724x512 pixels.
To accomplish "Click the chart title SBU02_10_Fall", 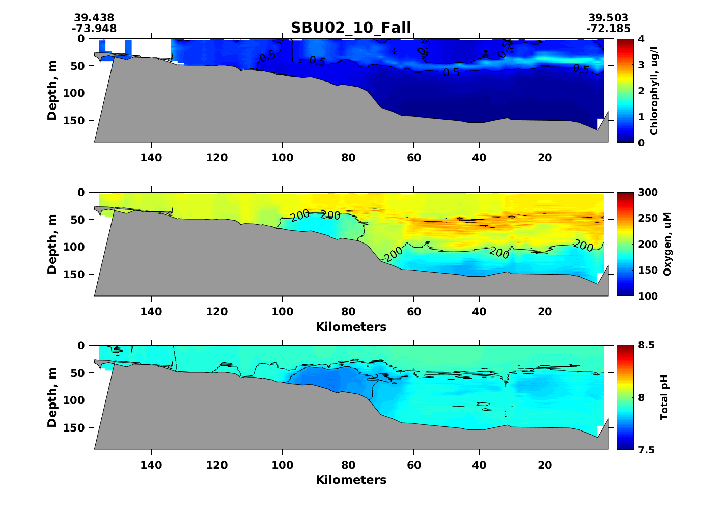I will click(x=351, y=28).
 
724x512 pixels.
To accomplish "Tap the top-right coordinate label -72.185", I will click(x=608, y=29).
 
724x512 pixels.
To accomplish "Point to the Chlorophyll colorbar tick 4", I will click(x=641, y=39).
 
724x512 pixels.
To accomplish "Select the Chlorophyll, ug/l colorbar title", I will click(x=654, y=91).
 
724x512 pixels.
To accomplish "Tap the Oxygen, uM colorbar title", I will click(x=667, y=245).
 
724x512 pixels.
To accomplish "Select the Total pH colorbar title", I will click(x=664, y=397).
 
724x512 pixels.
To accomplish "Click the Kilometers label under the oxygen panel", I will click(x=351, y=327).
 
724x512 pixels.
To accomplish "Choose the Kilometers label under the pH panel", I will click(x=351, y=480).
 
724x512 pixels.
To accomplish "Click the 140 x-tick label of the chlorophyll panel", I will click(x=151, y=158).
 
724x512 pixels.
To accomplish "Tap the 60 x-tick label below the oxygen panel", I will click(x=414, y=311).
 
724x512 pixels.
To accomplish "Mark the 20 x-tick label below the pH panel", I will click(x=545, y=465).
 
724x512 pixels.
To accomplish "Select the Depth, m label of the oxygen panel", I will click(x=52, y=245).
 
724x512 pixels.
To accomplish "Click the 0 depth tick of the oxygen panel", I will click(x=81, y=193).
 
